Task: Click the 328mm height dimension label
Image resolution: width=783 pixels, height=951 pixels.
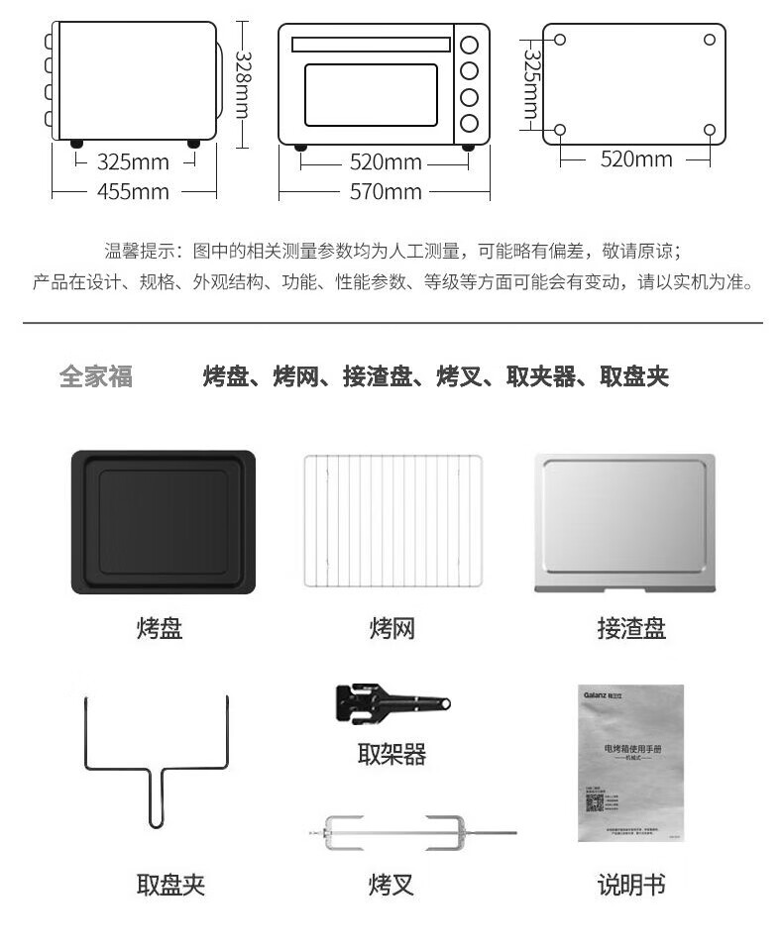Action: [x=242, y=83]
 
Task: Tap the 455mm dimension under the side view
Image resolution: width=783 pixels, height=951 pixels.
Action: [x=133, y=191]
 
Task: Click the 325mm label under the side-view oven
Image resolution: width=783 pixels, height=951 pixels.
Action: [x=133, y=161]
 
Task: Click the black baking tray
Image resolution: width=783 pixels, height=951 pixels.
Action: [x=163, y=522]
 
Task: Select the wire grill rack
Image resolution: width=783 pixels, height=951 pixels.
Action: [x=392, y=521]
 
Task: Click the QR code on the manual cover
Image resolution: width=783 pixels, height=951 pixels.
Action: [x=594, y=802]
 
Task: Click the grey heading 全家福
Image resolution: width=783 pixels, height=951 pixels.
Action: [x=96, y=376]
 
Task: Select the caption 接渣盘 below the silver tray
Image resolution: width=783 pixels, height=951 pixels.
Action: [x=631, y=628]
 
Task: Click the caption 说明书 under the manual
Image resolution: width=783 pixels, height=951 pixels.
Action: [x=631, y=884]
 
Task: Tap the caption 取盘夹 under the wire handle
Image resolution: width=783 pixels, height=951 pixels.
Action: [x=170, y=884]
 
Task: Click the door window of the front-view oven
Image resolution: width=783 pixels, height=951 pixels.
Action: [x=371, y=95]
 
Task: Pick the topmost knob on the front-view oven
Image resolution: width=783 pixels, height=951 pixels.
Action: [x=469, y=45]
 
